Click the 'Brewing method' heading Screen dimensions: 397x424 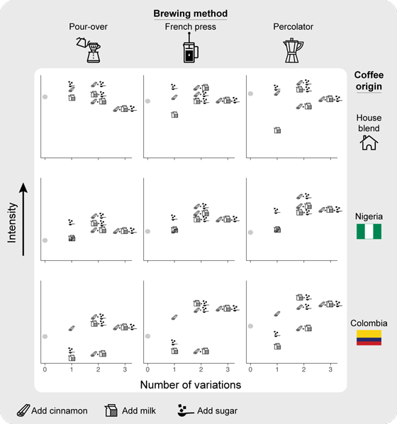click(x=191, y=13)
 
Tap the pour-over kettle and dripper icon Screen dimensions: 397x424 click(x=89, y=50)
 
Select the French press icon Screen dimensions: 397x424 click(x=191, y=48)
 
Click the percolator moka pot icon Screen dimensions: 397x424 click(x=293, y=50)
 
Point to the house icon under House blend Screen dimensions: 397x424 click(x=369, y=143)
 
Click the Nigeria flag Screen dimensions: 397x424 click(x=369, y=231)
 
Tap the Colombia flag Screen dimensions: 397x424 click(x=369, y=337)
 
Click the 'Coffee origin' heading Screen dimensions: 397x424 click(x=369, y=81)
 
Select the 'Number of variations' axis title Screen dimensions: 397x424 click(x=191, y=385)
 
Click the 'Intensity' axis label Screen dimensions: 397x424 click(x=12, y=223)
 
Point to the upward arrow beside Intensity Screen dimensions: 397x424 click(x=23, y=219)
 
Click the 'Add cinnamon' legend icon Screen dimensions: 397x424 click(x=23, y=411)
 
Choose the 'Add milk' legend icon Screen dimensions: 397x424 click(x=111, y=411)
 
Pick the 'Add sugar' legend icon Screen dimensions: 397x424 click(x=186, y=411)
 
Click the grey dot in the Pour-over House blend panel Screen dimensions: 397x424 click(x=45, y=97)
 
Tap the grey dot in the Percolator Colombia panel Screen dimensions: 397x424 click(x=250, y=326)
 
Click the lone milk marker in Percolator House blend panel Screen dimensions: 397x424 click(x=277, y=130)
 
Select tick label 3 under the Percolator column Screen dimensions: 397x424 click(x=330, y=369)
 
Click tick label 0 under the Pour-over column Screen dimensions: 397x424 click(x=45, y=369)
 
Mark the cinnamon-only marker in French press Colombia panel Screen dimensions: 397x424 click(x=174, y=317)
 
